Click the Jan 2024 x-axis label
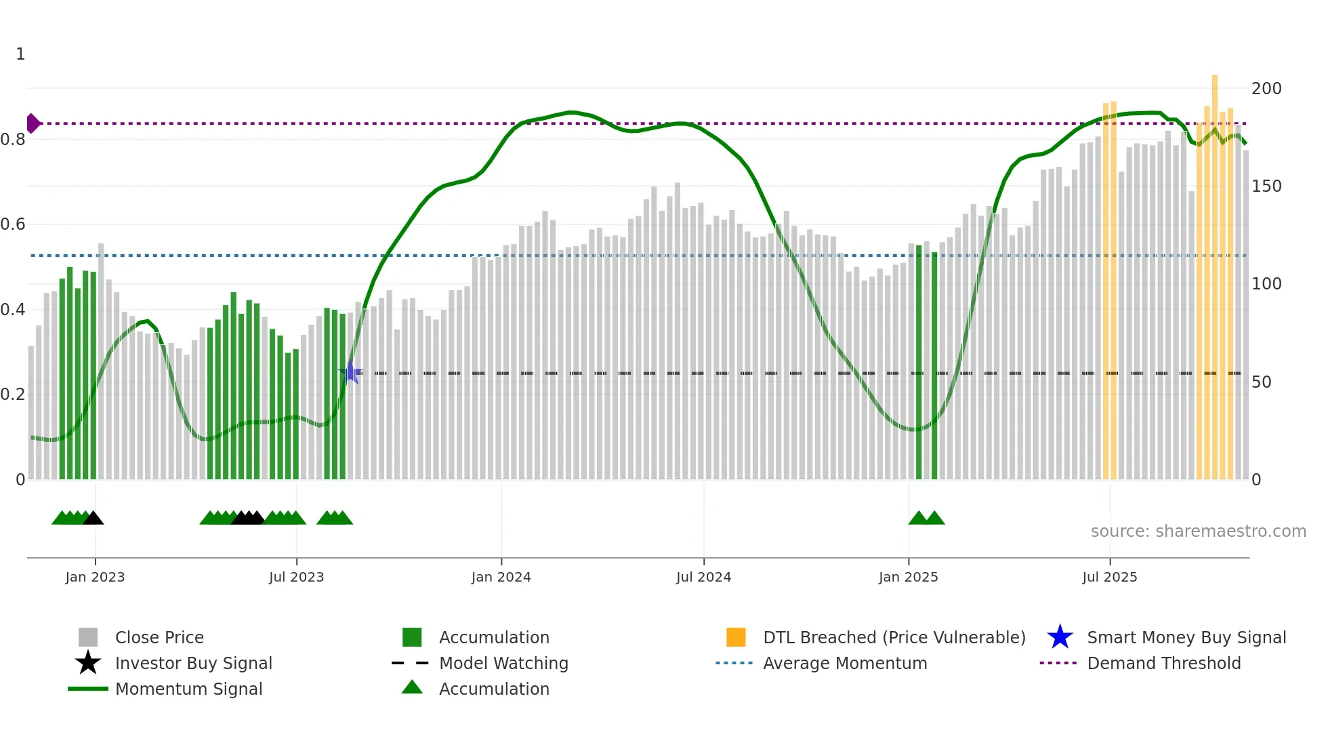(x=501, y=577)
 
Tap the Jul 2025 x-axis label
(x=1109, y=577)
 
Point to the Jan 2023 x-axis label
(x=95, y=577)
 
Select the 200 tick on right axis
(x=1266, y=89)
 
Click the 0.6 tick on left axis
(x=13, y=224)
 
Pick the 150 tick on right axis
(x=1266, y=186)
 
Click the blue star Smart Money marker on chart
(x=350, y=372)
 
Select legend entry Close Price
(x=159, y=637)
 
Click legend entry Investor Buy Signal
(x=193, y=663)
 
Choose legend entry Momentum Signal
(x=188, y=689)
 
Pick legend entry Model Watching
(x=503, y=663)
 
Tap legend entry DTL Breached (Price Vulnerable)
(x=894, y=637)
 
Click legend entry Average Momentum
(x=845, y=663)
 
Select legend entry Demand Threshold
(x=1163, y=663)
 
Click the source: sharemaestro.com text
(x=1198, y=531)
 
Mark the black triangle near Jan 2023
(x=94, y=519)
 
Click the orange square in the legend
(x=736, y=637)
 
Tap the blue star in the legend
(x=1060, y=637)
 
